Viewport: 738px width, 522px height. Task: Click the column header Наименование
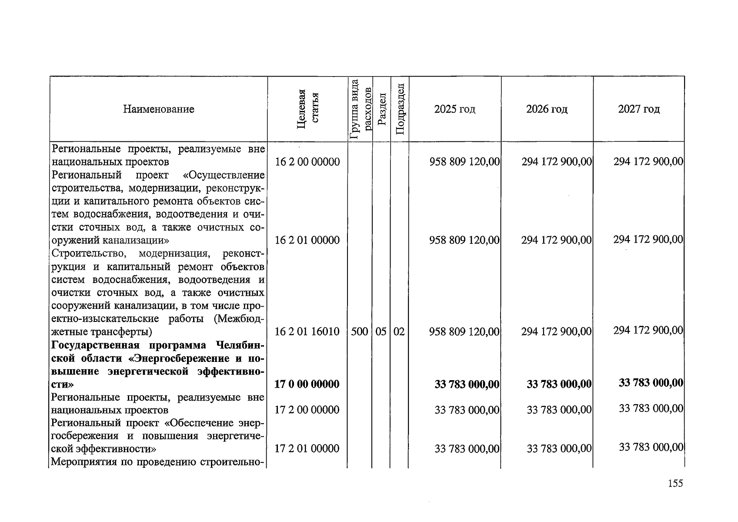(x=158, y=109)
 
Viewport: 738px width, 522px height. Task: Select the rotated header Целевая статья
(x=307, y=109)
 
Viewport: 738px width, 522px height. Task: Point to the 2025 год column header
(x=454, y=109)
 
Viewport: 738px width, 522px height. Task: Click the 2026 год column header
(x=547, y=109)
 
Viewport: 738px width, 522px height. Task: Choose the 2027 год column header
(x=638, y=109)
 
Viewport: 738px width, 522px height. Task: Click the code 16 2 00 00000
(x=307, y=162)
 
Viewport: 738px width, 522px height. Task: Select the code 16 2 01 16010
(x=307, y=332)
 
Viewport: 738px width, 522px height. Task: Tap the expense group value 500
(x=359, y=332)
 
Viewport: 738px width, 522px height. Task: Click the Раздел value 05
(x=381, y=332)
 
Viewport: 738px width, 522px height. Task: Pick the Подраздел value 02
(x=399, y=332)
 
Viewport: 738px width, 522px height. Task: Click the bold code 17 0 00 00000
(x=307, y=384)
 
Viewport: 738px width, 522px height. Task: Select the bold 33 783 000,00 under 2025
(x=467, y=384)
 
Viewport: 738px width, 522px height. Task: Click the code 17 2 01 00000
(x=307, y=448)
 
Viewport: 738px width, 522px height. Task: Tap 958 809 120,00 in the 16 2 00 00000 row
(x=464, y=162)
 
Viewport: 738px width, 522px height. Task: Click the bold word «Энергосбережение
(x=180, y=358)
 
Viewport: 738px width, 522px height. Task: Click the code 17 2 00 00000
(x=307, y=410)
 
